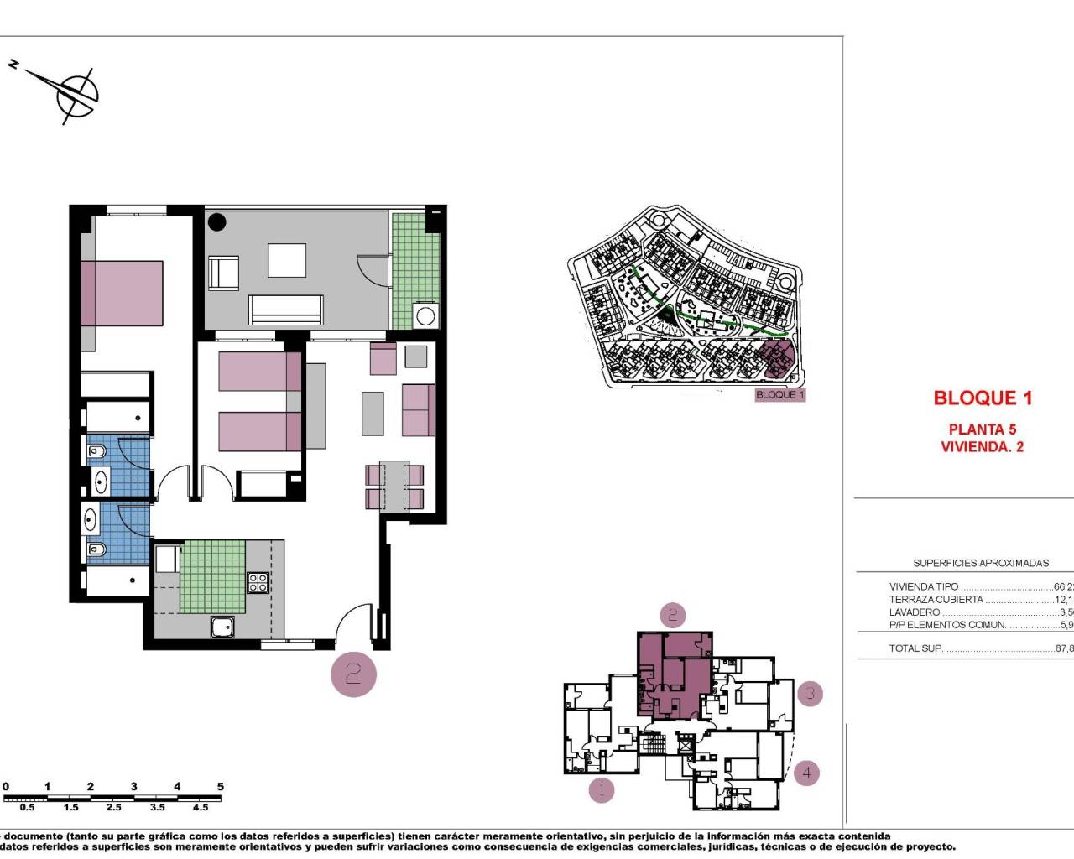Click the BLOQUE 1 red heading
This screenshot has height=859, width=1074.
pos(983,398)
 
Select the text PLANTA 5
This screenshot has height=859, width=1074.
pos(983,429)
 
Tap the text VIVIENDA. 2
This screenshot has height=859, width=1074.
pos(983,447)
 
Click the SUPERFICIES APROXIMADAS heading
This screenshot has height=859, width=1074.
pos(981,564)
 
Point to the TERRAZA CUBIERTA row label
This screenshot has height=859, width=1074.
pos(936,600)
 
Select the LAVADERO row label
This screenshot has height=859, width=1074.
pos(915,612)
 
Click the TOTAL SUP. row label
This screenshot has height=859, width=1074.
pos(915,648)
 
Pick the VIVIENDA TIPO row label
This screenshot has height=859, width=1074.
pos(923,587)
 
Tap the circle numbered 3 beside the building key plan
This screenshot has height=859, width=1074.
pos(810,694)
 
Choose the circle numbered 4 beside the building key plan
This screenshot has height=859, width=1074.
pos(806,773)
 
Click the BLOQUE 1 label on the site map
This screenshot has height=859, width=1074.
pos(779,394)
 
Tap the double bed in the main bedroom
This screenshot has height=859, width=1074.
pos(123,293)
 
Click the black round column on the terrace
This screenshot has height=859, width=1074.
pos(217,222)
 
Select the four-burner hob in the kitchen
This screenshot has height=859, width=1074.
pos(258,582)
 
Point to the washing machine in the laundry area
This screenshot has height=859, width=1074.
pos(426,316)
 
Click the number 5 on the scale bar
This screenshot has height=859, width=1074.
pos(221,787)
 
